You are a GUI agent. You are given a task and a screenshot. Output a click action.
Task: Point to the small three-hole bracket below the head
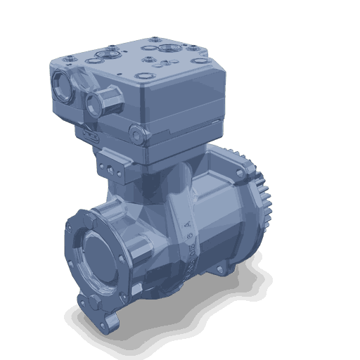(108, 168)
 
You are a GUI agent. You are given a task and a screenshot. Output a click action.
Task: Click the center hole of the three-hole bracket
(108, 168)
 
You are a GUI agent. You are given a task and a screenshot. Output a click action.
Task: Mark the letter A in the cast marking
(187, 225)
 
